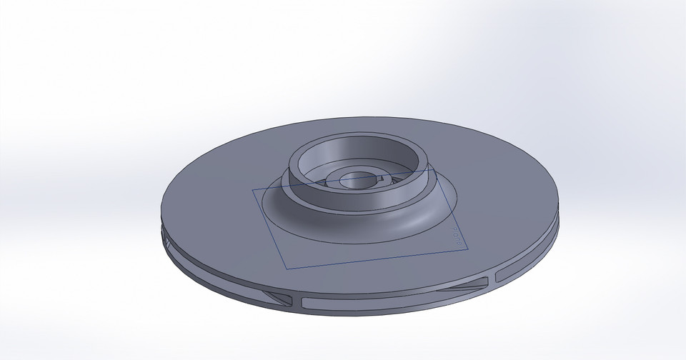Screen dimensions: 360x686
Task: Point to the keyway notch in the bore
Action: (383, 176)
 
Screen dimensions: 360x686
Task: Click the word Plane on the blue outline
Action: (457, 236)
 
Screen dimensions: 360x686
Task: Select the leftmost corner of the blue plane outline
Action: (253, 190)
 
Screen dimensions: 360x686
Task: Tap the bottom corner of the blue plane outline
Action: (286, 269)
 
